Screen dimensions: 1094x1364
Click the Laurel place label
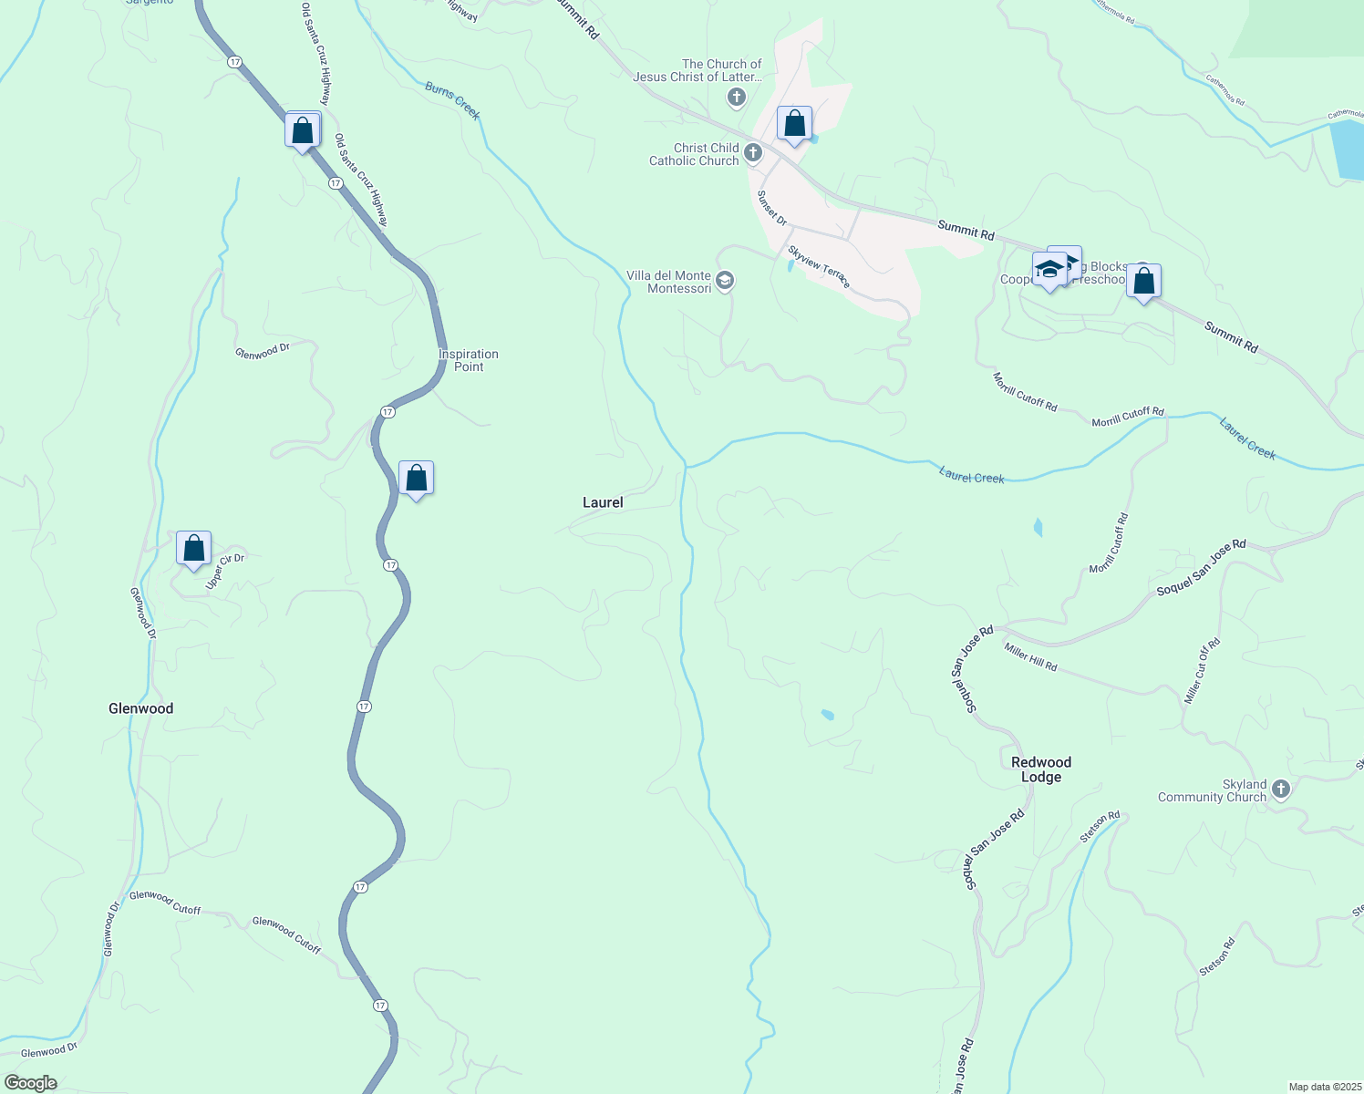click(603, 502)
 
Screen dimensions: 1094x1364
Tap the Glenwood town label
click(140, 708)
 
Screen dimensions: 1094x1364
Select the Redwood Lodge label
click(1041, 769)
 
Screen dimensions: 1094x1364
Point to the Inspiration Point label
click(469, 360)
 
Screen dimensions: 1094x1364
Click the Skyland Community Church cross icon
click(1281, 789)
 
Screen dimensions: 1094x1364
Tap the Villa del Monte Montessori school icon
click(725, 280)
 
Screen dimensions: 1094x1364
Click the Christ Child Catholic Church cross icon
click(753, 152)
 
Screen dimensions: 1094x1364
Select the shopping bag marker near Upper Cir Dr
click(193, 549)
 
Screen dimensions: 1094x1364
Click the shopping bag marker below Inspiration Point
click(416, 479)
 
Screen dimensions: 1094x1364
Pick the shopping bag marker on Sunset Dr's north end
click(794, 123)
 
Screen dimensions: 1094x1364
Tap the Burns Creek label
click(452, 99)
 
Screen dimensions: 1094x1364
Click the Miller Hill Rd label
click(1030, 656)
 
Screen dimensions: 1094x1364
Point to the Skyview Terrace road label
click(819, 267)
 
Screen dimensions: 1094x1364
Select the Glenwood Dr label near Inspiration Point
click(263, 351)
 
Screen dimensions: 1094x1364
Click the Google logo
click(31, 1083)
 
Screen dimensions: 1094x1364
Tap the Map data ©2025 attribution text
click(1324, 1087)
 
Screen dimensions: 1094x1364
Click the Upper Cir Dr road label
click(225, 571)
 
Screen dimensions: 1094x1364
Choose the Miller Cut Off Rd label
click(1202, 671)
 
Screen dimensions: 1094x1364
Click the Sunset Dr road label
click(772, 208)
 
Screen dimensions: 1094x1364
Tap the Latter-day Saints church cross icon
click(737, 96)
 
